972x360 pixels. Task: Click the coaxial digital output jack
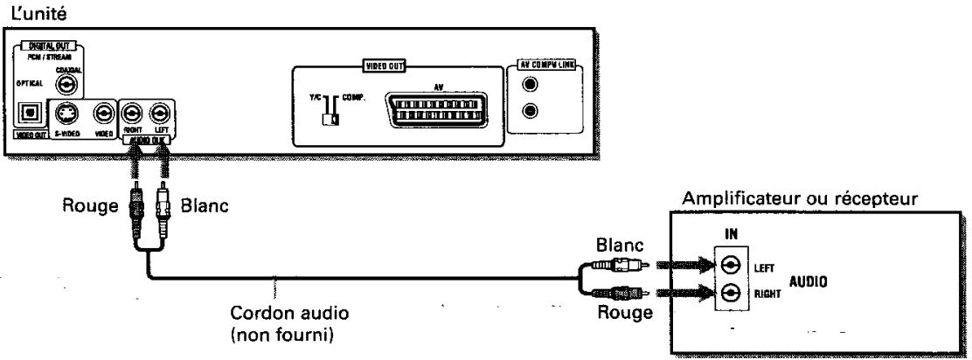66,84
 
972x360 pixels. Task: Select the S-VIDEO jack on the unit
66,113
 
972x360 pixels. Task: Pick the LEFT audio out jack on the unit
160,113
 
